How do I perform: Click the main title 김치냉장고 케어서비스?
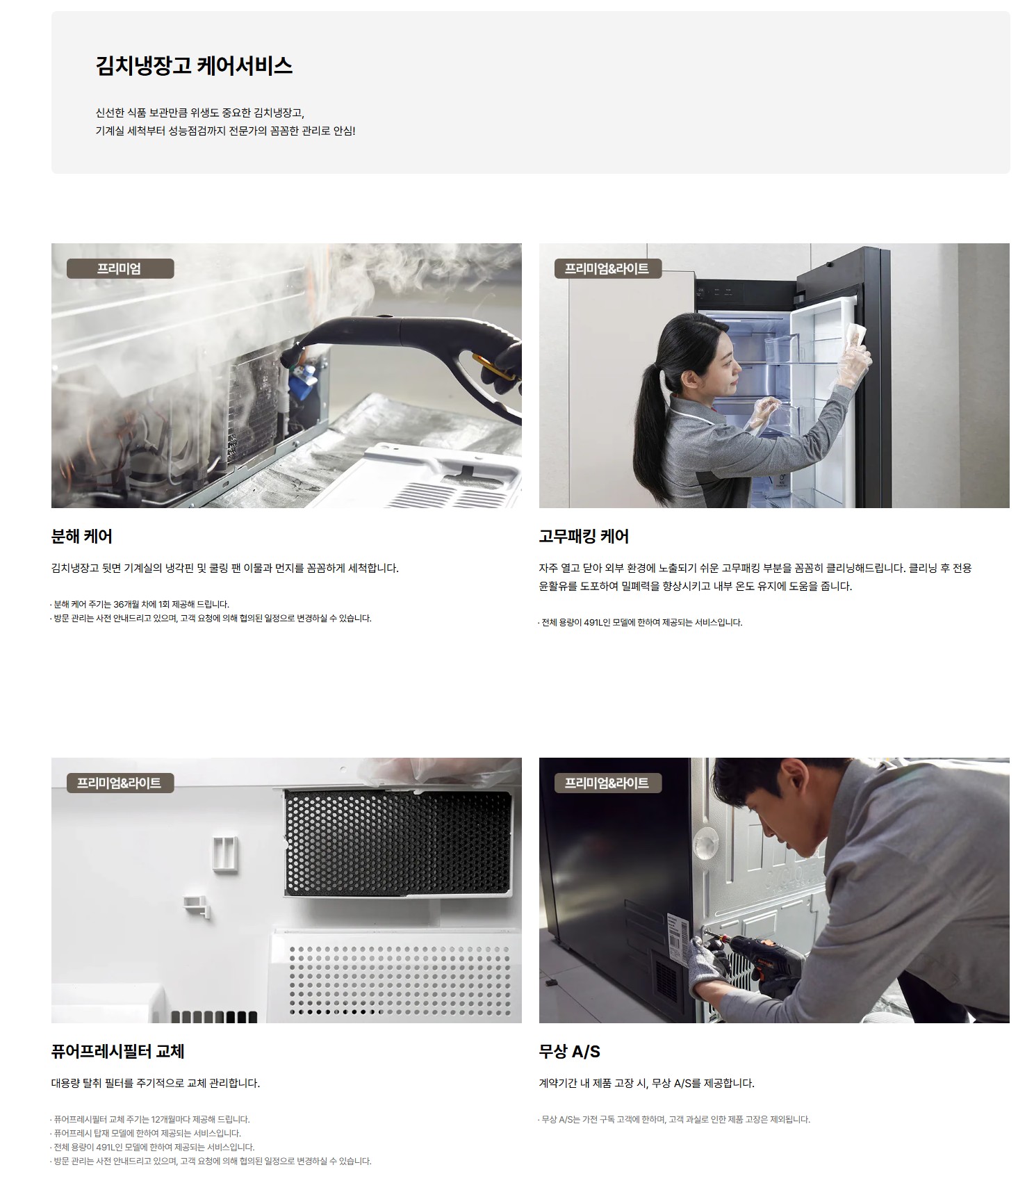click(194, 66)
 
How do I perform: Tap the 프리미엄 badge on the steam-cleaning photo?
click(120, 268)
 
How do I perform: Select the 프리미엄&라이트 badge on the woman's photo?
click(607, 268)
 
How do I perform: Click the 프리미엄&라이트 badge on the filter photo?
click(120, 783)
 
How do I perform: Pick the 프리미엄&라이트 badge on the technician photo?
click(607, 783)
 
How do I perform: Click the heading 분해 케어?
click(82, 536)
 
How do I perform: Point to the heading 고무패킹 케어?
click(584, 536)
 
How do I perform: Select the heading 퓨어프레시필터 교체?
click(117, 1051)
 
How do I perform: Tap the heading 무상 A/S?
click(569, 1051)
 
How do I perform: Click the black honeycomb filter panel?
click(399, 842)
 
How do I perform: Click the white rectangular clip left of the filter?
click(224, 854)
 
